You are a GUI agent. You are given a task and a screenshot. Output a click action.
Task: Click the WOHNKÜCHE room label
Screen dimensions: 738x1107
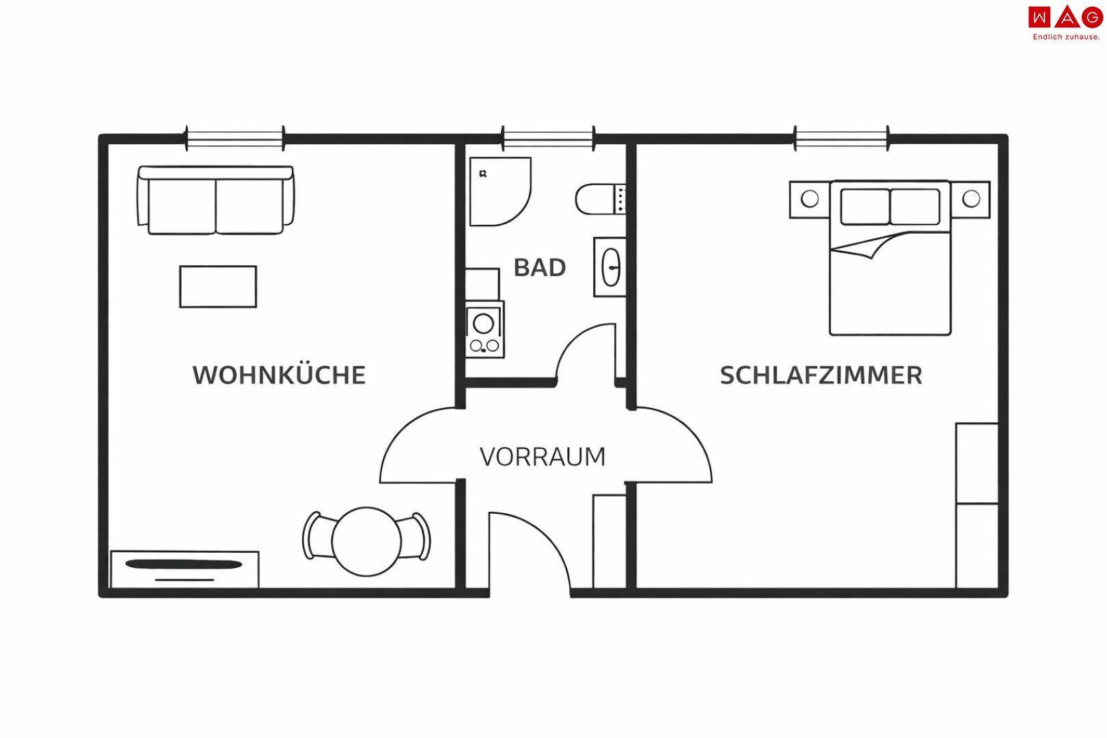pos(279,375)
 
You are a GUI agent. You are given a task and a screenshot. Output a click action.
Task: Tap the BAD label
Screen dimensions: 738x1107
pos(539,268)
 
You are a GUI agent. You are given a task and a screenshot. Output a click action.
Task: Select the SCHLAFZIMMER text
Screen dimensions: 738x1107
pos(821,375)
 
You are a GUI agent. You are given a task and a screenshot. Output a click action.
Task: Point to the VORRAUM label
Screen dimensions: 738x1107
pos(543,456)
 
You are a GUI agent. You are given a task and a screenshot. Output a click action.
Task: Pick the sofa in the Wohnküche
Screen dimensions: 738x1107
pos(216,200)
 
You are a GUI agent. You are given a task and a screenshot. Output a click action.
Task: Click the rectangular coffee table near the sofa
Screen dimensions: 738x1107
pos(218,287)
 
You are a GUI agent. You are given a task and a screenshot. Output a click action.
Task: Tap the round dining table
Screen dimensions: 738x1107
pos(366,541)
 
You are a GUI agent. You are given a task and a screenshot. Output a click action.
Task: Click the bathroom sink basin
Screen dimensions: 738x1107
pos(610,266)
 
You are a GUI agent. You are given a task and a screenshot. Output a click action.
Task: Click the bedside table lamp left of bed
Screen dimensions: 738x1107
pos(809,200)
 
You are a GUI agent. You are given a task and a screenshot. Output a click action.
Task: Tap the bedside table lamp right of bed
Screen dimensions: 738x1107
pos(970,200)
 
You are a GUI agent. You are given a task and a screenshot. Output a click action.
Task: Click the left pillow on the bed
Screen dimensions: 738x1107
pos(865,206)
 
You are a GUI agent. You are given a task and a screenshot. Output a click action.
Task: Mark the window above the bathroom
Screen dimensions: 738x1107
pos(548,139)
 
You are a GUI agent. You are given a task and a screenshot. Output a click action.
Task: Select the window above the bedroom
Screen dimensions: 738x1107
pos(841,139)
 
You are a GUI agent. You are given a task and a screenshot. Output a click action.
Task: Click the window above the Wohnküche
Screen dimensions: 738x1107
pos(235,139)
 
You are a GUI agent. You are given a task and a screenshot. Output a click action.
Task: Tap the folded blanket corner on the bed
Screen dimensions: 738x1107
pos(866,247)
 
